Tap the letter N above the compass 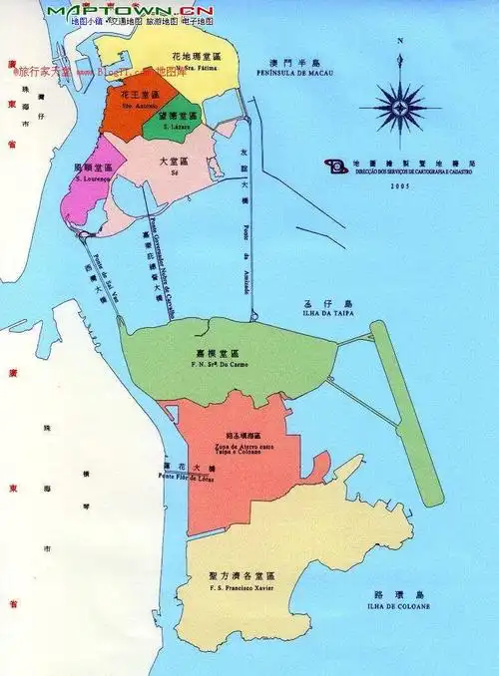click(x=400, y=42)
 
